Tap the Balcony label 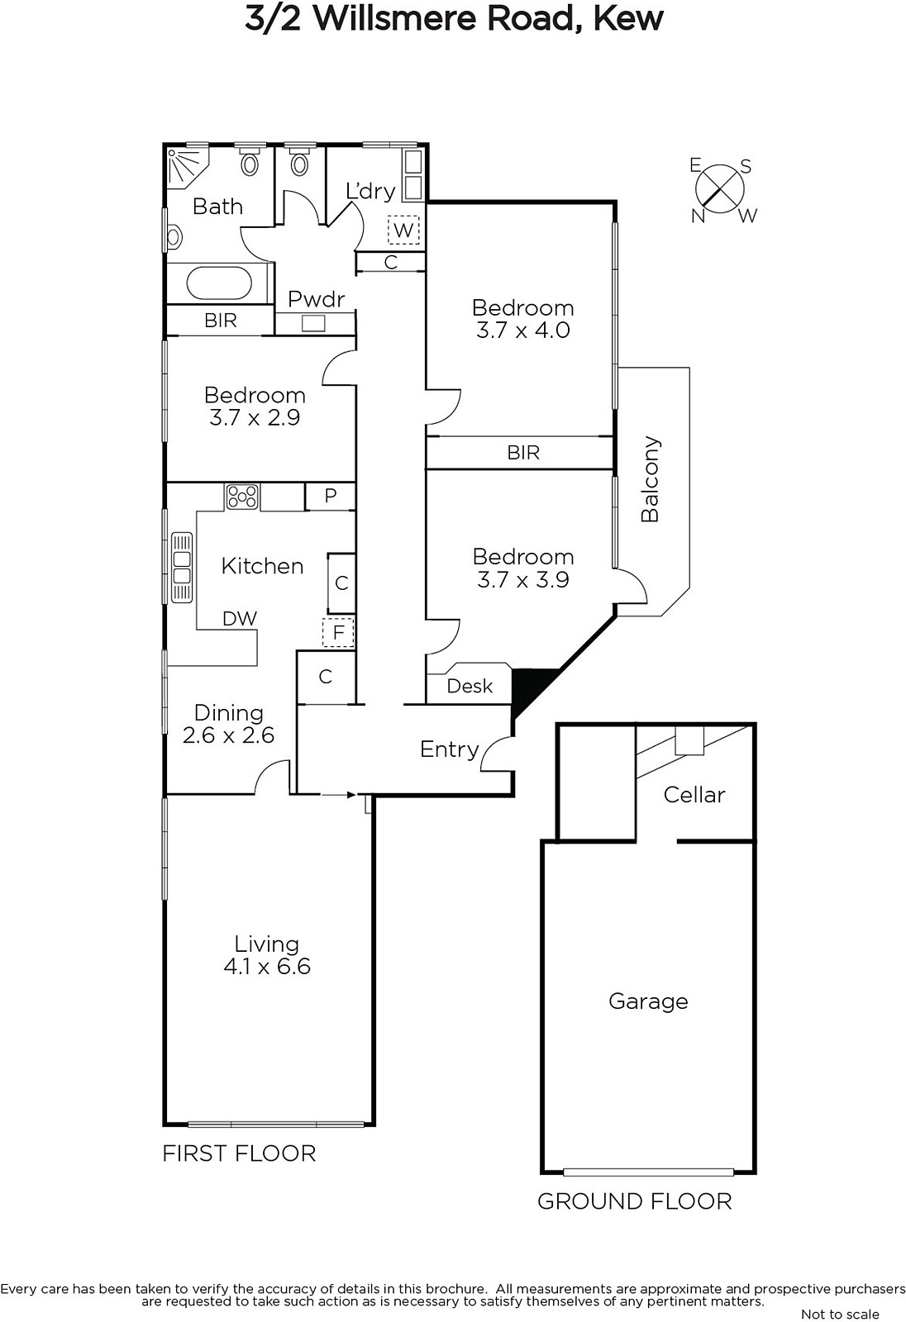650,479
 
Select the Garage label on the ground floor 648,1001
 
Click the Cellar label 694,794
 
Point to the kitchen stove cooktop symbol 242,497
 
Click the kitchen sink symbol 181,567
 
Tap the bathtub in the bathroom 219,283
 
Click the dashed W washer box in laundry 403,230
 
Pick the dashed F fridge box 338,632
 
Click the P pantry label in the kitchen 330,496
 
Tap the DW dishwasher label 240,619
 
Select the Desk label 470,686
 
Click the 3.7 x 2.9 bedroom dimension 255,417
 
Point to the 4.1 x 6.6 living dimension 267,966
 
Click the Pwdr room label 316,299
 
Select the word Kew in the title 627,18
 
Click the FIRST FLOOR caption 239,1153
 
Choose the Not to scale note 840,1314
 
